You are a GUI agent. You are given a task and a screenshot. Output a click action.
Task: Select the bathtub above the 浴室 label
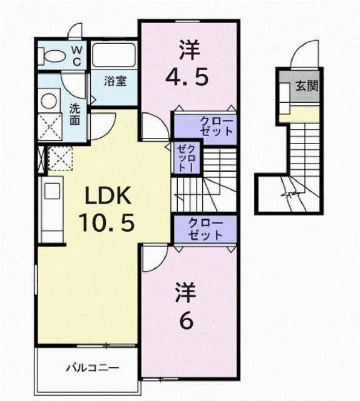click(x=113, y=56)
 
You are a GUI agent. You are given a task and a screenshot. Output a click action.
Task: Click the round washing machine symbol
click(x=48, y=100)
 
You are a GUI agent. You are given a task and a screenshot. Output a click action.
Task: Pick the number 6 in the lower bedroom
click(x=186, y=321)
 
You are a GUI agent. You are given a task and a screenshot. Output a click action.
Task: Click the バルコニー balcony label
click(x=92, y=367)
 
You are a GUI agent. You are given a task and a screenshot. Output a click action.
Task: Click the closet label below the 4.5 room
click(x=205, y=126)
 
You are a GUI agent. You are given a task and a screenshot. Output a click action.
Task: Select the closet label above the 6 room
click(x=205, y=229)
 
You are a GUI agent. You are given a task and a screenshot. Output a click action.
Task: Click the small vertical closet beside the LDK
click(x=186, y=158)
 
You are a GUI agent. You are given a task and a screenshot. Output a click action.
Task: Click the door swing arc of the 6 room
click(x=152, y=259)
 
